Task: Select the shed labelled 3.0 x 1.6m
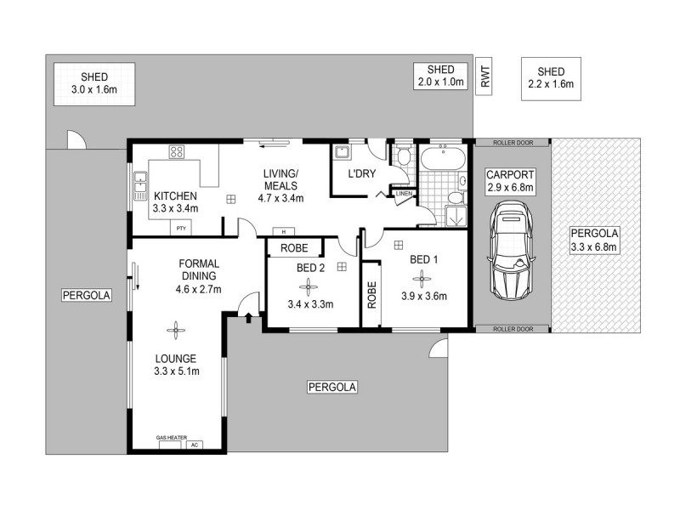click(x=93, y=84)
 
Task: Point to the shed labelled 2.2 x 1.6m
click(x=551, y=79)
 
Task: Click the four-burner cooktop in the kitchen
click(x=178, y=153)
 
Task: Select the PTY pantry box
click(x=180, y=228)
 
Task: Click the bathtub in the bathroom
click(x=442, y=158)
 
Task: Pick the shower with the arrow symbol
click(x=456, y=217)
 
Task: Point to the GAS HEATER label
click(x=171, y=438)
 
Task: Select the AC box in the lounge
click(x=195, y=445)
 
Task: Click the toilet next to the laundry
click(x=403, y=156)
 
